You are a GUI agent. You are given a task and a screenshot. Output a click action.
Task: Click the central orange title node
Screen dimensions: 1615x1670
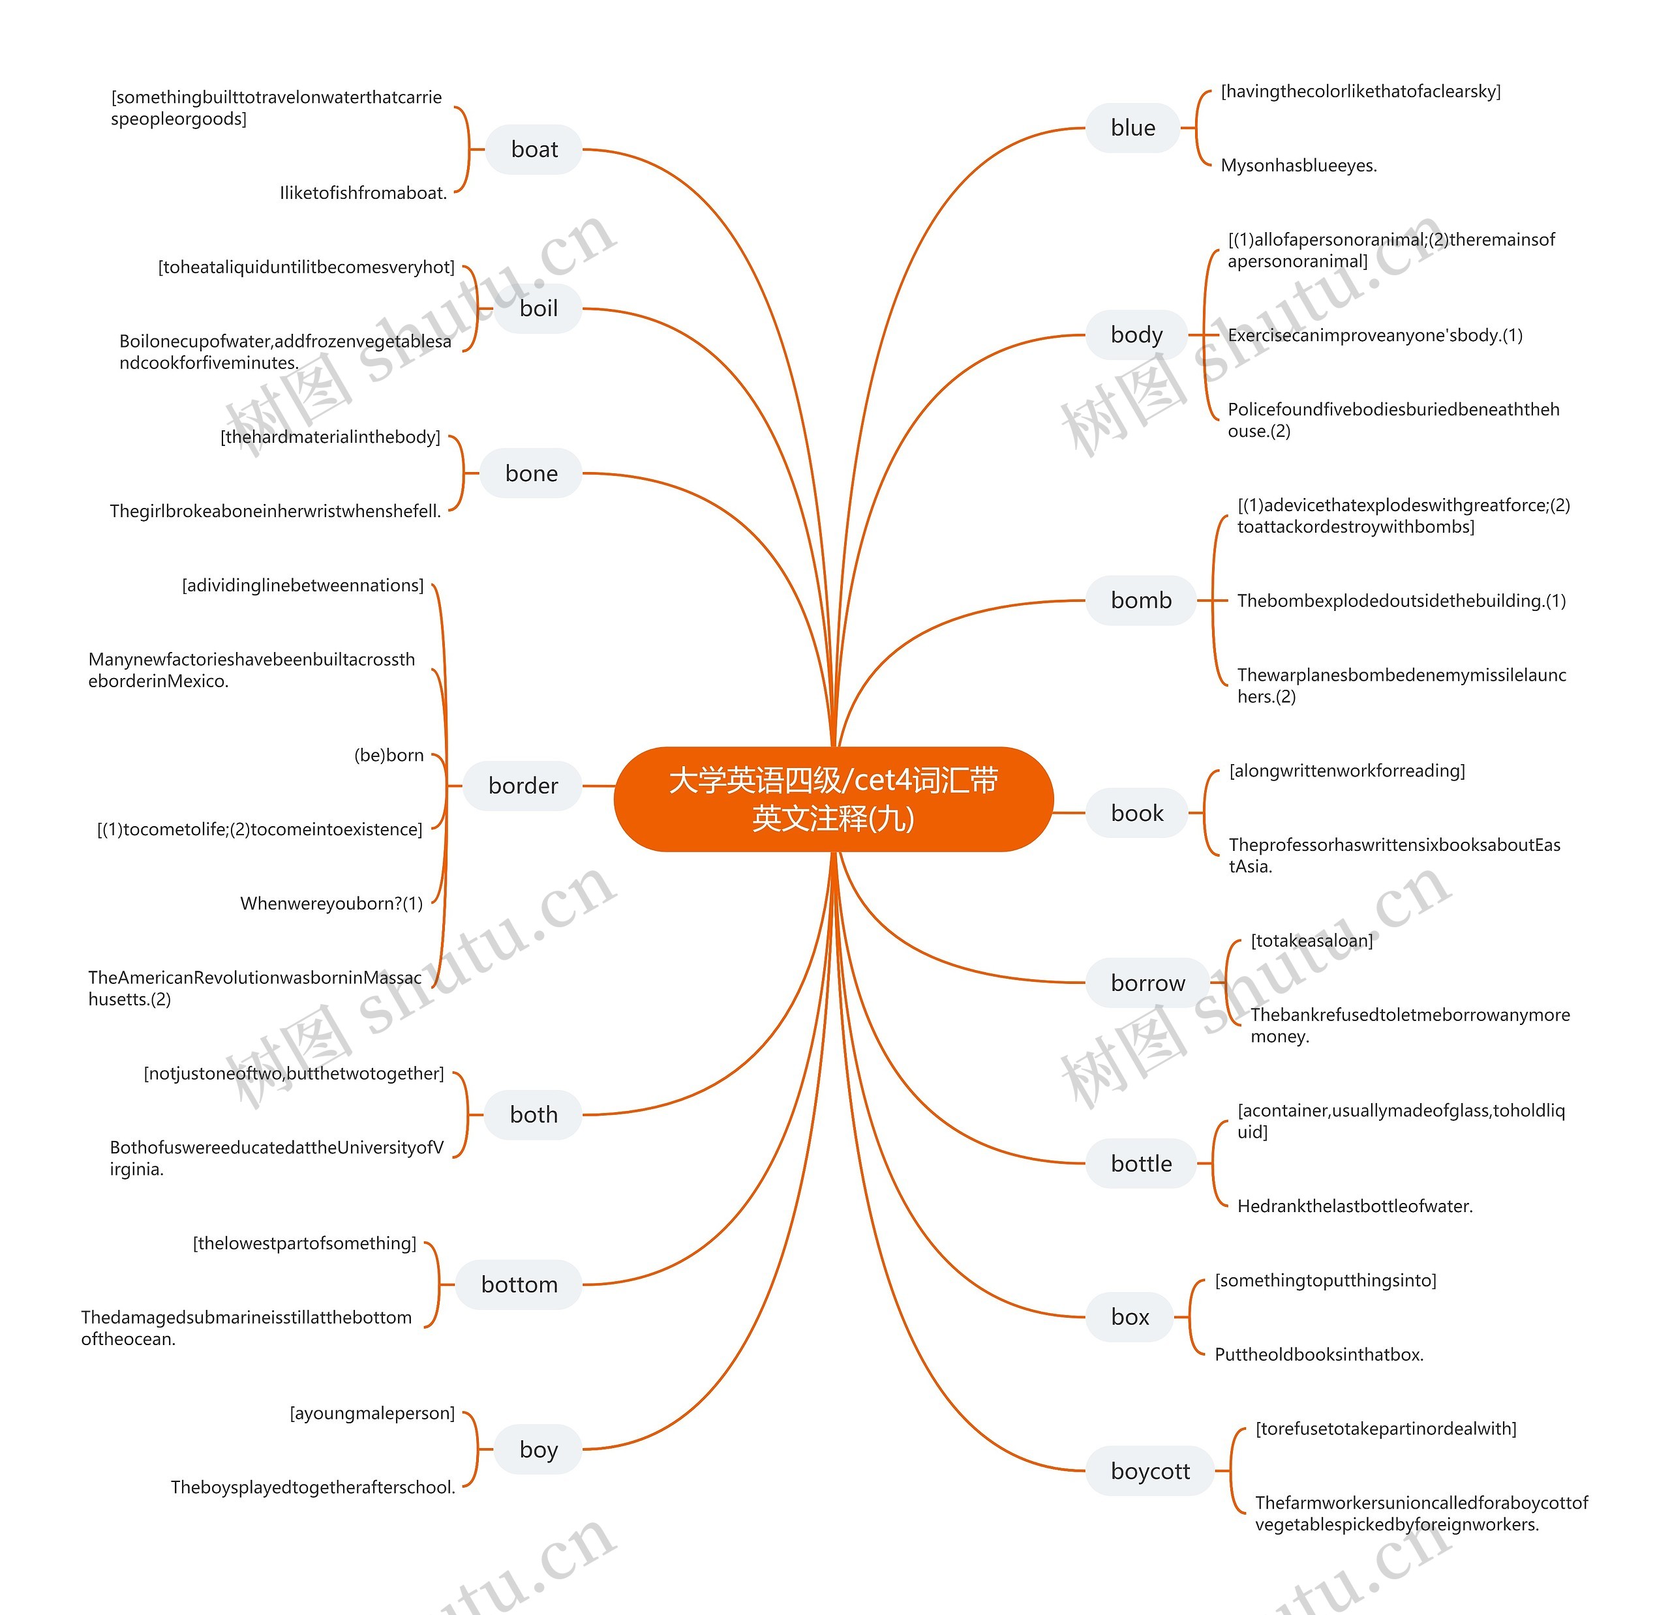[833, 799]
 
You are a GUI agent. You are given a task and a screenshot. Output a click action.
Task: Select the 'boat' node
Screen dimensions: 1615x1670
[534, 150]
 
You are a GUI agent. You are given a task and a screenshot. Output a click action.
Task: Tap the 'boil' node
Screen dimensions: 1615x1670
[538, 308]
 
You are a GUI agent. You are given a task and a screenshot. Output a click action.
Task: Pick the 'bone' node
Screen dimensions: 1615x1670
[532, 473]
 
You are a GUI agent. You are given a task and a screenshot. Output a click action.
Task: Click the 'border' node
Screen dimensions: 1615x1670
[523, 786]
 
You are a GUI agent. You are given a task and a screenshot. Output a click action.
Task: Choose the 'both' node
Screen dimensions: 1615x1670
[534, 1114]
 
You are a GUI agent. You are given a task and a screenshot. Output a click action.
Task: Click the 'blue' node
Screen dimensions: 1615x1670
[1132, 128]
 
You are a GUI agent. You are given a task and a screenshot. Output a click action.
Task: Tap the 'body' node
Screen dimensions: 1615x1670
[1136, 334]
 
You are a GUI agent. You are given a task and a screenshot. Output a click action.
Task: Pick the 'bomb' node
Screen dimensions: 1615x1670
[1141, 600]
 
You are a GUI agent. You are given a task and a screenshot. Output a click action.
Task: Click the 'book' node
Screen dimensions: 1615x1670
[1136, 814]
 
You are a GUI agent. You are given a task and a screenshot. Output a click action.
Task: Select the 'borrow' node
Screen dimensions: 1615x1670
[1147, 983]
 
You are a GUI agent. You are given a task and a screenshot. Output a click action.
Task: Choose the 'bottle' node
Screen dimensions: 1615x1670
[1141, 1164]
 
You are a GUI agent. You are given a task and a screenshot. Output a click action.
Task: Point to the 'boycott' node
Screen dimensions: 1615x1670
[1150, 1471]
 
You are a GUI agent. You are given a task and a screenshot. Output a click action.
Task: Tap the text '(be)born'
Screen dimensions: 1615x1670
[389, 756]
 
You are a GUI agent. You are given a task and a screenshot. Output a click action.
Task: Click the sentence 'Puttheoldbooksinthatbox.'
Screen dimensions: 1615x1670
[1319, 1354]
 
